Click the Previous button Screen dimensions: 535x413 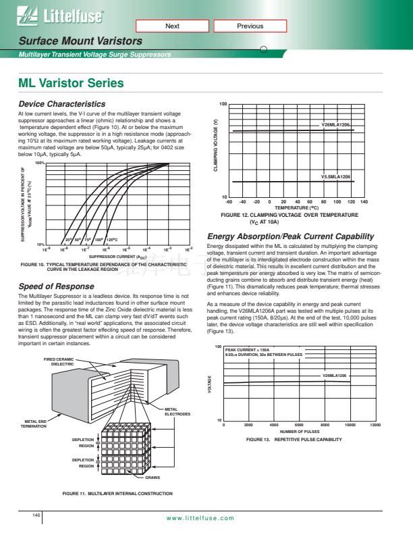click(x=250, y=26)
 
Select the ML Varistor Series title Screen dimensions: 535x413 click(x=71, y=84)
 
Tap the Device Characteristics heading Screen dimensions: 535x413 click(x=61, y=104)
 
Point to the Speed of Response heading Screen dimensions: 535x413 click(x=57, y=287)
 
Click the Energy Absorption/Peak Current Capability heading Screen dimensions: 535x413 click(x=290, y=236)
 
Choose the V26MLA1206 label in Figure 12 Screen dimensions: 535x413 click(x=335, y=125)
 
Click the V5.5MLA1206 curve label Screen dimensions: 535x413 click(x=335, y=176)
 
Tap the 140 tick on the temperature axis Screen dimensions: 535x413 click(x=364, y=202)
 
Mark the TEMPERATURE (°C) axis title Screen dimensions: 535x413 click(x=296, y=208)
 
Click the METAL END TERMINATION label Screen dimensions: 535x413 click(x=34, y=424)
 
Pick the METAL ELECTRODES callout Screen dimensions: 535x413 click(x=178, y=411)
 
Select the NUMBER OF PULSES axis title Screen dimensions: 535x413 click(x=299, y=431)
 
